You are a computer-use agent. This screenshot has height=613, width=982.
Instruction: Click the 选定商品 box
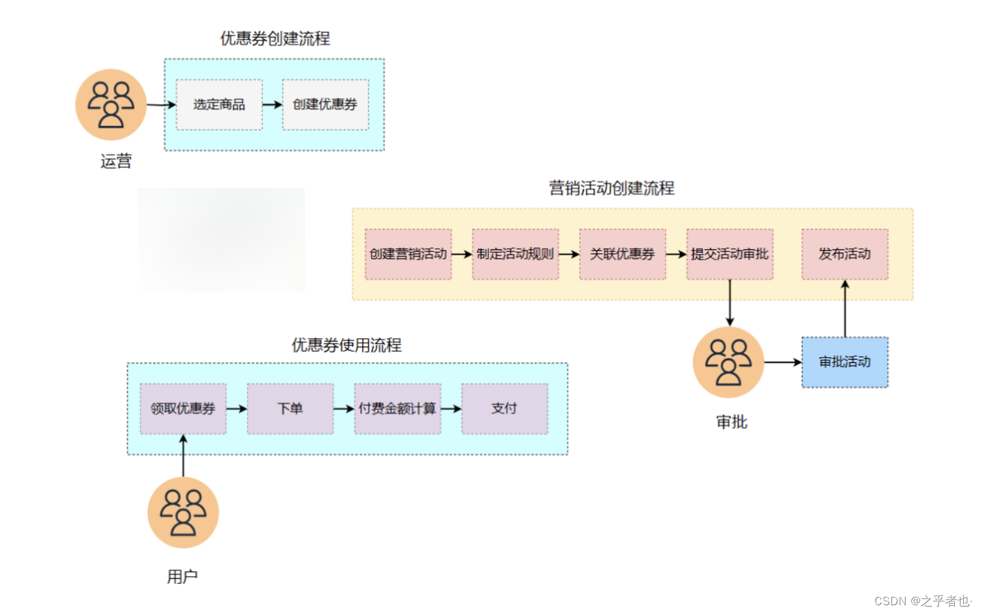219,104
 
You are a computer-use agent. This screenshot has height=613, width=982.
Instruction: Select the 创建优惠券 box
325,104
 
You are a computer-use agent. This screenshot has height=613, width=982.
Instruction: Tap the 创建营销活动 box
408,254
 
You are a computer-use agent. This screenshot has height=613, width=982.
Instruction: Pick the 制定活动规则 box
515,254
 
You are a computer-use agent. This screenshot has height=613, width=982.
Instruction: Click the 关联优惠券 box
622,254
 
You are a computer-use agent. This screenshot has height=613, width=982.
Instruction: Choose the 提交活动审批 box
729,254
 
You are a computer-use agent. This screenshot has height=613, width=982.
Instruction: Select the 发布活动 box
845,254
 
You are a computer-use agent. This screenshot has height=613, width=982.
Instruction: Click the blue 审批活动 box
845,362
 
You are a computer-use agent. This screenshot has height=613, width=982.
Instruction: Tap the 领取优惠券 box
183,408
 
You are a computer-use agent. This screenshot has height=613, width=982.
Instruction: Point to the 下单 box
290,408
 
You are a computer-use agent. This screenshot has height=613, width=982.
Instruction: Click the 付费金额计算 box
397,408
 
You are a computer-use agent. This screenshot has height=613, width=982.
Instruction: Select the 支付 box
504,408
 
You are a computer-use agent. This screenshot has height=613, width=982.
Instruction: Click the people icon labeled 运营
111,104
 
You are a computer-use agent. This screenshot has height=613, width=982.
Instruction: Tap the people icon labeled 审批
728,362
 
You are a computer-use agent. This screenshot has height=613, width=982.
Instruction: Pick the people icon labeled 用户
183,513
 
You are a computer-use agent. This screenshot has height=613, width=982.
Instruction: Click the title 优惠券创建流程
275,39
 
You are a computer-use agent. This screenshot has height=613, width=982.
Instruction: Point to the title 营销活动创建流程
611,189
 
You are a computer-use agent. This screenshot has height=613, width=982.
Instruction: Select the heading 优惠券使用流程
347,345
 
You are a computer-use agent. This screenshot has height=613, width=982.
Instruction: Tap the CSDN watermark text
922,601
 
